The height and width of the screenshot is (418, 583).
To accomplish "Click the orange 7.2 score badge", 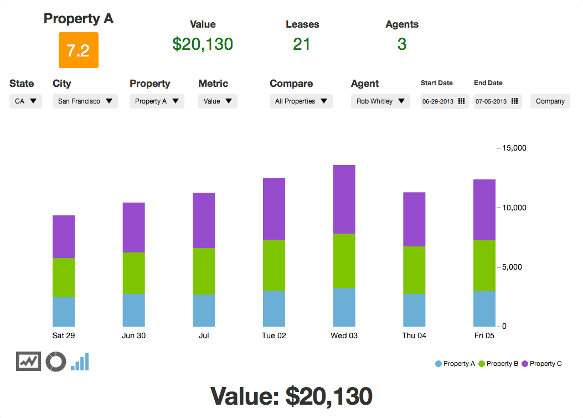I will pos(78,50).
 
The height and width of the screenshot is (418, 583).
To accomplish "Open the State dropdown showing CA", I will pos(25,101).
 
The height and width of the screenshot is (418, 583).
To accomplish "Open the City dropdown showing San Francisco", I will pos(85,101).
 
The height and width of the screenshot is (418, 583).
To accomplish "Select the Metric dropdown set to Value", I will pos(218,101).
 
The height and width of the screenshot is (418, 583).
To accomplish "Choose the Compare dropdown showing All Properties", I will pos(301,101).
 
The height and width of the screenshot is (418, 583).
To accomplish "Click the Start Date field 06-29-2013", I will pos(443,101).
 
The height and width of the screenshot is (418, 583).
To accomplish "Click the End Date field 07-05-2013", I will pos(497,101).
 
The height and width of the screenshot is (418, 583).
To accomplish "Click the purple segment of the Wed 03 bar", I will pos(344,199).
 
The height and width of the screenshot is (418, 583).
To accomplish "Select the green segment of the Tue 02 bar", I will pos(274,265).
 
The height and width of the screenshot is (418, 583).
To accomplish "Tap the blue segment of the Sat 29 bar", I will pos(63,311).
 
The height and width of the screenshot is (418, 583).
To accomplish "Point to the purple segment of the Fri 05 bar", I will pos(484,210).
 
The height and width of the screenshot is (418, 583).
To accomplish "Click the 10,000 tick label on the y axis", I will pos(514,208).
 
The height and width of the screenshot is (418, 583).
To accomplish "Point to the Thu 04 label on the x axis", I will pos(414,336).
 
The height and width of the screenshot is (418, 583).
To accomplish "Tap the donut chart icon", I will pos(56,362).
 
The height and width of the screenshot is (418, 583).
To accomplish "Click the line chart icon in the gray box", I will pos(28,362).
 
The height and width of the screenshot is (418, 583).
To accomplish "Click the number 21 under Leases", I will pos(302,44).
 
